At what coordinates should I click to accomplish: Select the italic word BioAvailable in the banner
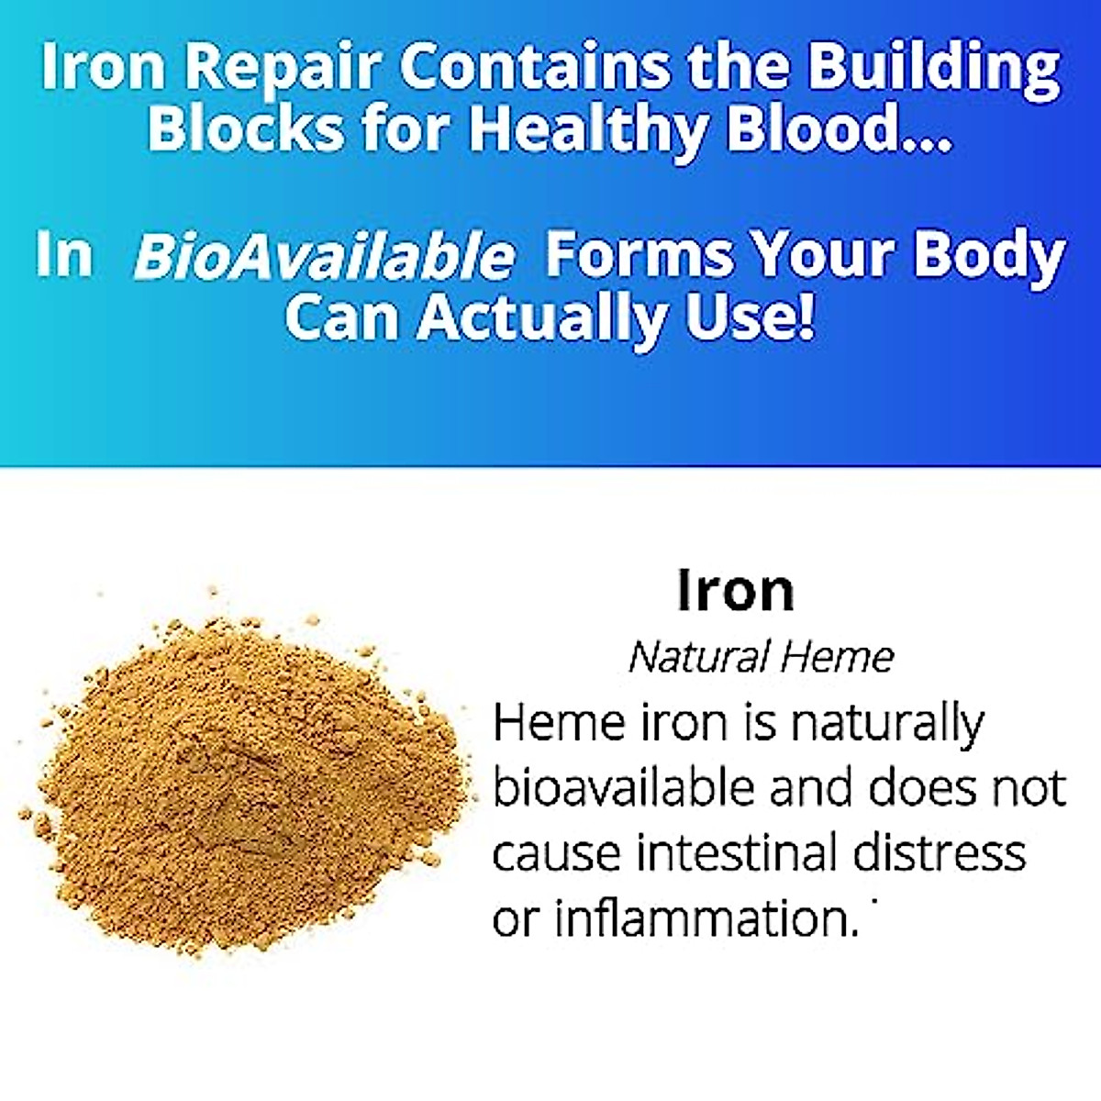pos(324,256)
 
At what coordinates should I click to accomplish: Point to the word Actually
pos(547,317)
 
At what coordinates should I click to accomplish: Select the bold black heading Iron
pos(735,590)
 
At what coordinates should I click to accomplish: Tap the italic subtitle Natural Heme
pos(761,657)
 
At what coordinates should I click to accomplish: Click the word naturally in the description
pos(886,725)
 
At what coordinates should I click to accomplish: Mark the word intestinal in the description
pos(737,853)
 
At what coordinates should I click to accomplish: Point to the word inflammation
pos(706,918)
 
